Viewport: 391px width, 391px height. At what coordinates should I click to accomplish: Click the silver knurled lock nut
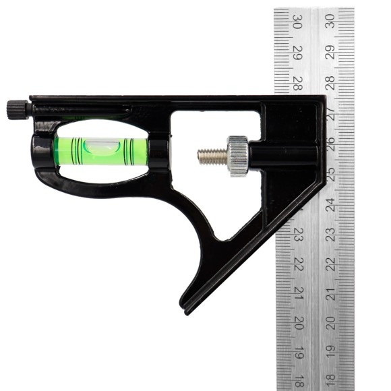237,156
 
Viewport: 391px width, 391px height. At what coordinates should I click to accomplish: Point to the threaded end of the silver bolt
210,156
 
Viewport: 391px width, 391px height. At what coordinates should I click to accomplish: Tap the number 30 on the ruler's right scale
330,22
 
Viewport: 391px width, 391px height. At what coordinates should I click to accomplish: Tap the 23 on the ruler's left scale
297,235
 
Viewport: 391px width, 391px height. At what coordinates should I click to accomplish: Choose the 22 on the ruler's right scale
330,264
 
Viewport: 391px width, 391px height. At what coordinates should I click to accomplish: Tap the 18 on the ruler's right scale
330,382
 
